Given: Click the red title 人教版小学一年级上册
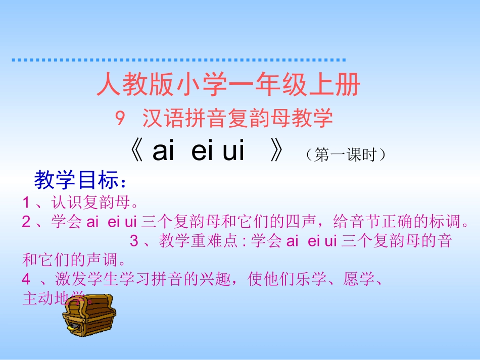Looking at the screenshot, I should (228, 85).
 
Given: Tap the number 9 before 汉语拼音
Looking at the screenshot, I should (120, 119).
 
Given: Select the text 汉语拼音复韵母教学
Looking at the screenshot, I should (237, 119).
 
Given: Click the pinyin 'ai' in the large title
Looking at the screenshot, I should (163, 151).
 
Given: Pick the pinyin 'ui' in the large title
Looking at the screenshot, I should (233, 151).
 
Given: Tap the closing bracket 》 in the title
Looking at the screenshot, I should (276, 151).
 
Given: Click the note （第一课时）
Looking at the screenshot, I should (346, 155).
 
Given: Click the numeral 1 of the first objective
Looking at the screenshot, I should (26, 203).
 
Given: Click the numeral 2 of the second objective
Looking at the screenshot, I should (26, 222).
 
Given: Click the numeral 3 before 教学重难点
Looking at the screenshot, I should (134, 241).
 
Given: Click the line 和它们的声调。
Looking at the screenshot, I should (74, 261).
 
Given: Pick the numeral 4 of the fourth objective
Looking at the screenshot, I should (26, 280).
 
